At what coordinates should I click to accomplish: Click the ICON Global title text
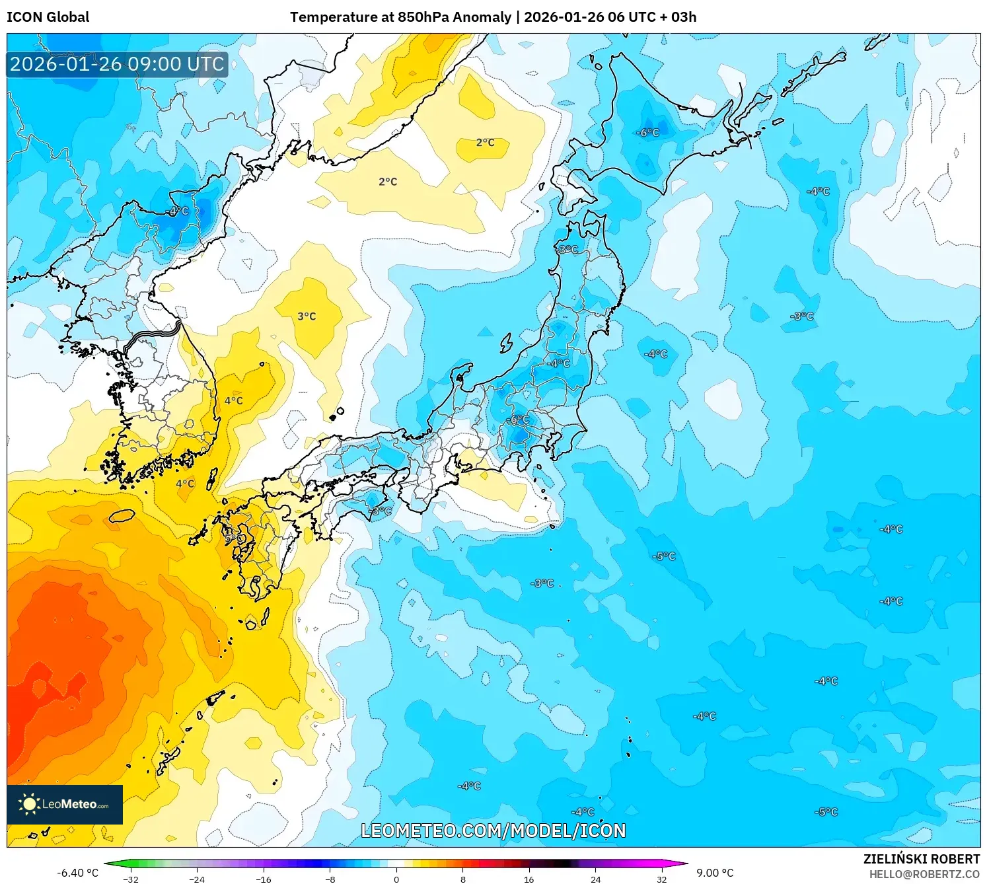48,17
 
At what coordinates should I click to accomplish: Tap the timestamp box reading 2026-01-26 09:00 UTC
118,65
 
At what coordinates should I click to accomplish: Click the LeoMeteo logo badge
65,804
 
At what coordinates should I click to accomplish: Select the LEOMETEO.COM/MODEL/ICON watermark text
493,830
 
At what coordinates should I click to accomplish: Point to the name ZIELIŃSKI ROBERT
921,859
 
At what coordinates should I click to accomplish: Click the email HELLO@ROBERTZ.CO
924,874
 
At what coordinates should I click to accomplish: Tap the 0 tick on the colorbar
396,879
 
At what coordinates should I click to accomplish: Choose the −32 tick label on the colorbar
131,879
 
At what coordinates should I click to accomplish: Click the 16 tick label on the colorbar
529,879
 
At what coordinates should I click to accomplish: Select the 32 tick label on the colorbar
661,879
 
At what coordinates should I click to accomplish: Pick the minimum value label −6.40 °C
77,873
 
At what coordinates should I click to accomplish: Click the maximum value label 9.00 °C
715,873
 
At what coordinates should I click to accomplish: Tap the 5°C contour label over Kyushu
234,538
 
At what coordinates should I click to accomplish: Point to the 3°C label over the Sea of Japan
307,316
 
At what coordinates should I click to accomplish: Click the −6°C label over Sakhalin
647,132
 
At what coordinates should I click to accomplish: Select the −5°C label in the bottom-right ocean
826,812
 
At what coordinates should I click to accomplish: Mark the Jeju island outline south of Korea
122,515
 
